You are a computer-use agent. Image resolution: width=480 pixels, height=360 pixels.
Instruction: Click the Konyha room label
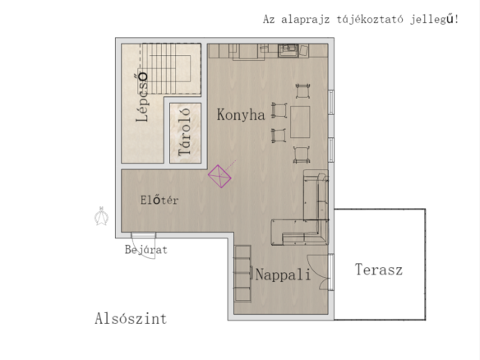(241, 115)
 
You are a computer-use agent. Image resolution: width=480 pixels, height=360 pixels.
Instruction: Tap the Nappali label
(283, 275)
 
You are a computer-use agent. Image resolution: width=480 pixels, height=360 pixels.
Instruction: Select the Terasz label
(379, 270)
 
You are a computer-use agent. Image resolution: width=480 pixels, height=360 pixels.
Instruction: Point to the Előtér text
(159, 200)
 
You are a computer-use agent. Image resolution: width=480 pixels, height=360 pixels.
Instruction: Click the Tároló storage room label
(185, 132)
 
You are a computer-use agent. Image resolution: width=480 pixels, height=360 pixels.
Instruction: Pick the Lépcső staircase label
(142, 97)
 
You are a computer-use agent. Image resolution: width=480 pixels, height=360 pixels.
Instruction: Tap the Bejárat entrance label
(146, 250)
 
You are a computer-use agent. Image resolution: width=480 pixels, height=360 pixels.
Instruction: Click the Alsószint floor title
(131, 318)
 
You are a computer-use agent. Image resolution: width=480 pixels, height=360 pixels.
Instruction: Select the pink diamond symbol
(219, 176)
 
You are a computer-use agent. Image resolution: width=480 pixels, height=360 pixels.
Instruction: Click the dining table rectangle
(300, 122)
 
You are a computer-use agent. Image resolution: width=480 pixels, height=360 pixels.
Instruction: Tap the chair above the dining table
(303, 91)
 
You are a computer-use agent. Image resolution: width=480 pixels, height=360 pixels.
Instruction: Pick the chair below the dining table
(302, 155)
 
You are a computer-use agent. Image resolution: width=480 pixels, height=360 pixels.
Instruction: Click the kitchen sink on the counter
(288, 50)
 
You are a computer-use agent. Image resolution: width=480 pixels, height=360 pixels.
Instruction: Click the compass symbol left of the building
(101, 216)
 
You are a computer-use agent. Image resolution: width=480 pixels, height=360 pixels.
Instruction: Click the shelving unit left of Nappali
(242, 274)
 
